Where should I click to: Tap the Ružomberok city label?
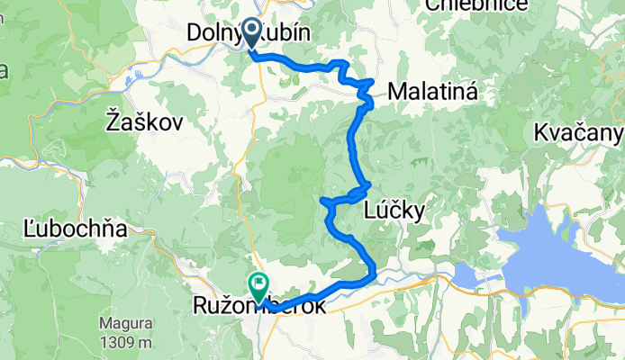click(x=255, y=307)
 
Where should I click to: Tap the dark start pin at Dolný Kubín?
click(x=249, y=34)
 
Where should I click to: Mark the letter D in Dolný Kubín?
click(x=194, y=32)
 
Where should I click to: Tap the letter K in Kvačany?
click(x=539, y=133)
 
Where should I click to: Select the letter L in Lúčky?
click(x=370, y=211)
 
